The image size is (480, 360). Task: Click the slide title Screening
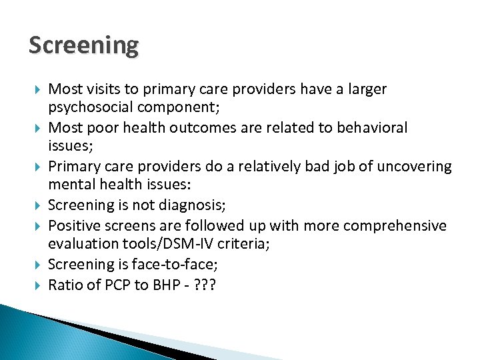point(84,46)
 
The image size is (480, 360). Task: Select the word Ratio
point(65,285)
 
